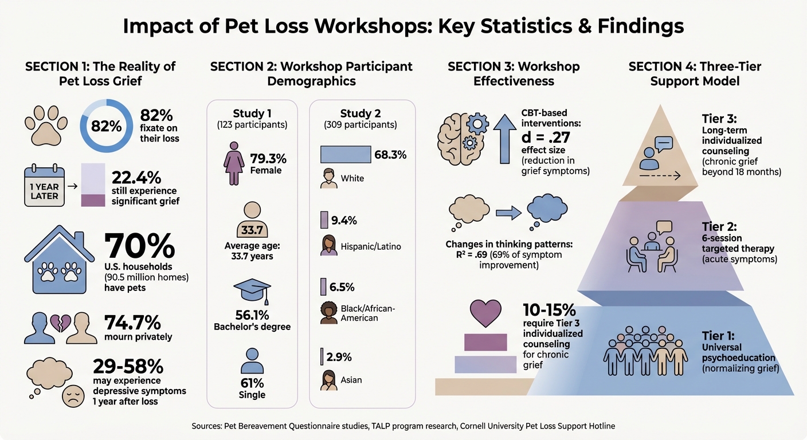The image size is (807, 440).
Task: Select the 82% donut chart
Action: click(107, 126)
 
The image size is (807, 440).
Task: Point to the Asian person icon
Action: click(328, 379)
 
